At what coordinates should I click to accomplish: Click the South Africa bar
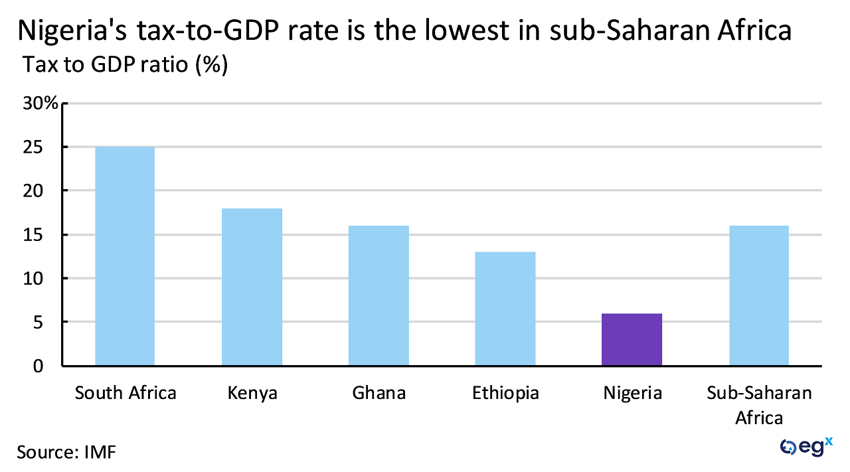(x=125, y=256)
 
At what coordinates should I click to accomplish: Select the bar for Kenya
(x=252, y=287)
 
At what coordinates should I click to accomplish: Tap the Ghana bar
(x=379, y=295)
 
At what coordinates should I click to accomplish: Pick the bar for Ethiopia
(x=505, y=309)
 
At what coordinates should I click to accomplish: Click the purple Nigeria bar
(x=632, y=339)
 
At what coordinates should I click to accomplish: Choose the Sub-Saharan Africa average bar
(x=759, y=295)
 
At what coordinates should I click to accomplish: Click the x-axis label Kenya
(x=252, y=393)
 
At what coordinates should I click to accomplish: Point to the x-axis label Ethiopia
(x=505, y=393)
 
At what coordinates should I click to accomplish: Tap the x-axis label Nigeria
(x=632, y=393)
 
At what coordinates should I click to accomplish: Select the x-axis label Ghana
(x=379, y=393)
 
